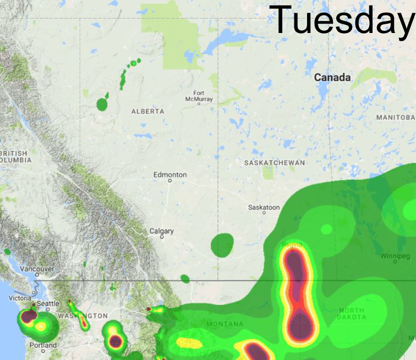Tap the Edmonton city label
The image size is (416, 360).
click(170, 175)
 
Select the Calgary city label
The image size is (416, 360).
click(162, 231)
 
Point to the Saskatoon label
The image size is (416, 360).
click(264, 208)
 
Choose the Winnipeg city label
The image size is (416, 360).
click(395, 256)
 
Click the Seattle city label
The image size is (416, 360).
click(48, 303)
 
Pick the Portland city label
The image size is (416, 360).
click(42, 345)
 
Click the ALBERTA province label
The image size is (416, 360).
click(147, 112)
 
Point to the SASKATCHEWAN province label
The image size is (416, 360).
click(274, 163)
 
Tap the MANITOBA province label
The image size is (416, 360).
click(396, 118)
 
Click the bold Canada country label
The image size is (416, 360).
click(332, 78)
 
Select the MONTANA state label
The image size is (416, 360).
click(225, 324)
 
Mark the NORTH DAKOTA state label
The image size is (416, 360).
click(352, 314)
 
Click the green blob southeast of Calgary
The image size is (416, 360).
click(222, 245)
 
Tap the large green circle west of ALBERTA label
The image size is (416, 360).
click(102, 103)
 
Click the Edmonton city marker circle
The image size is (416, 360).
click(170, 180)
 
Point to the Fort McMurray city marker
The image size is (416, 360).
click(199, 103)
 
